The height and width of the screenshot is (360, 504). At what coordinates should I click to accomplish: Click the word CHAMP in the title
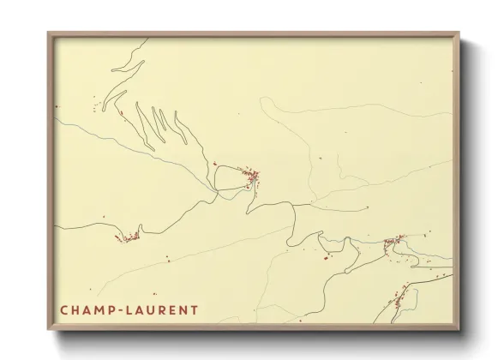coord(88,309)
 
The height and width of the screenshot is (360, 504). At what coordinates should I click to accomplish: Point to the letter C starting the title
coord(64,309)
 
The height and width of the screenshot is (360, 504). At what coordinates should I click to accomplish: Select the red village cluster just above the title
coord(129,237)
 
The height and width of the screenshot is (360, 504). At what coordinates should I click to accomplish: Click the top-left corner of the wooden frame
coord(49,33)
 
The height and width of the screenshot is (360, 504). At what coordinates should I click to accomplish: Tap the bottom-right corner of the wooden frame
coord(459,328)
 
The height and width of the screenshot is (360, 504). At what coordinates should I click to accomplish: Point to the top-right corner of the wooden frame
coord(459,33)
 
